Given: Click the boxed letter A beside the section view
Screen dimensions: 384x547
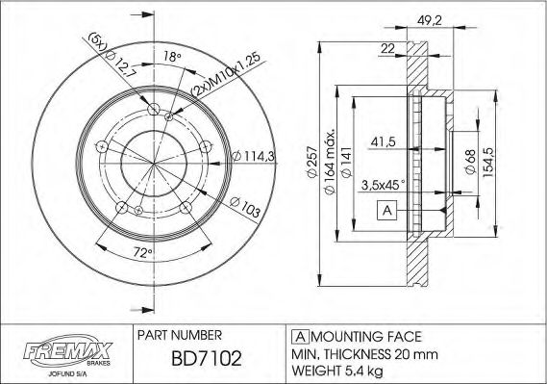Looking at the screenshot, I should (386, 211).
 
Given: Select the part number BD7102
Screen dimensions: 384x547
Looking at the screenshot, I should (198, 360).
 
